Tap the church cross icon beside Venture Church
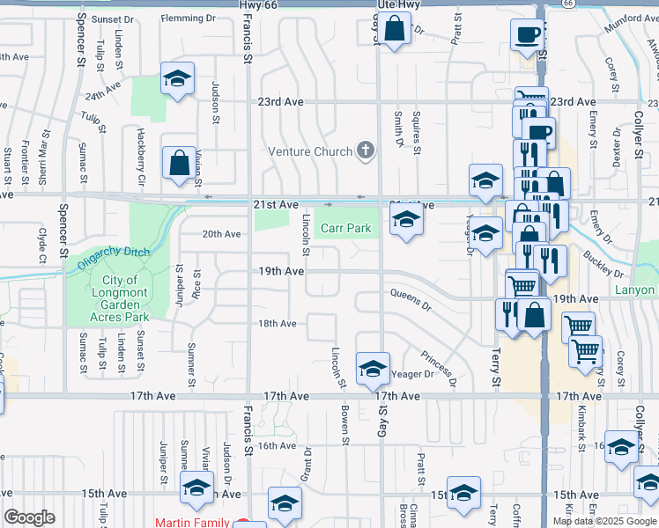(x=366, y=151)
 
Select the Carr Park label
(x=345, y=229)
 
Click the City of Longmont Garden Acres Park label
(x=121, y=298)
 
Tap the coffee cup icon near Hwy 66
(x=527, y=36)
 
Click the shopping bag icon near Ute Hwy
(x=396, y=29)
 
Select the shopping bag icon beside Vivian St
(x=179, y=164)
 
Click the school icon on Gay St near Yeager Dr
(x=373, y=369)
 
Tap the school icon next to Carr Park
(x=406, y=218)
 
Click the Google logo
(x=29, y=517)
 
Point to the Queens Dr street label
(x=410, y=300)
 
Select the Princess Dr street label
(x=438, y=370)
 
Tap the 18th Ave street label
(x=277, y=324)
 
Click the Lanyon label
(x=634, y=290)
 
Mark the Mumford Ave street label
(x=630, y=25)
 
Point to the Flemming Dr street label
(x=188, y=18)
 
